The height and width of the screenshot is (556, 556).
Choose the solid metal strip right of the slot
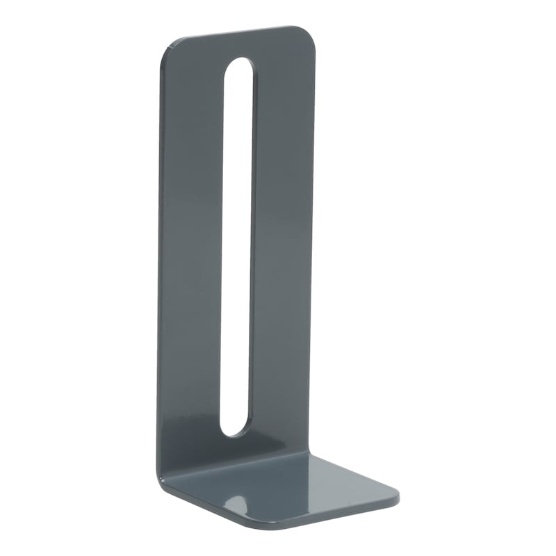(281, 243)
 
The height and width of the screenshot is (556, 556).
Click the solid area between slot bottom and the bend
(233, 448)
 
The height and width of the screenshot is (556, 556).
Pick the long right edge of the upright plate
(313, 243)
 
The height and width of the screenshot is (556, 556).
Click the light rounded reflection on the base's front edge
(240, 498)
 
